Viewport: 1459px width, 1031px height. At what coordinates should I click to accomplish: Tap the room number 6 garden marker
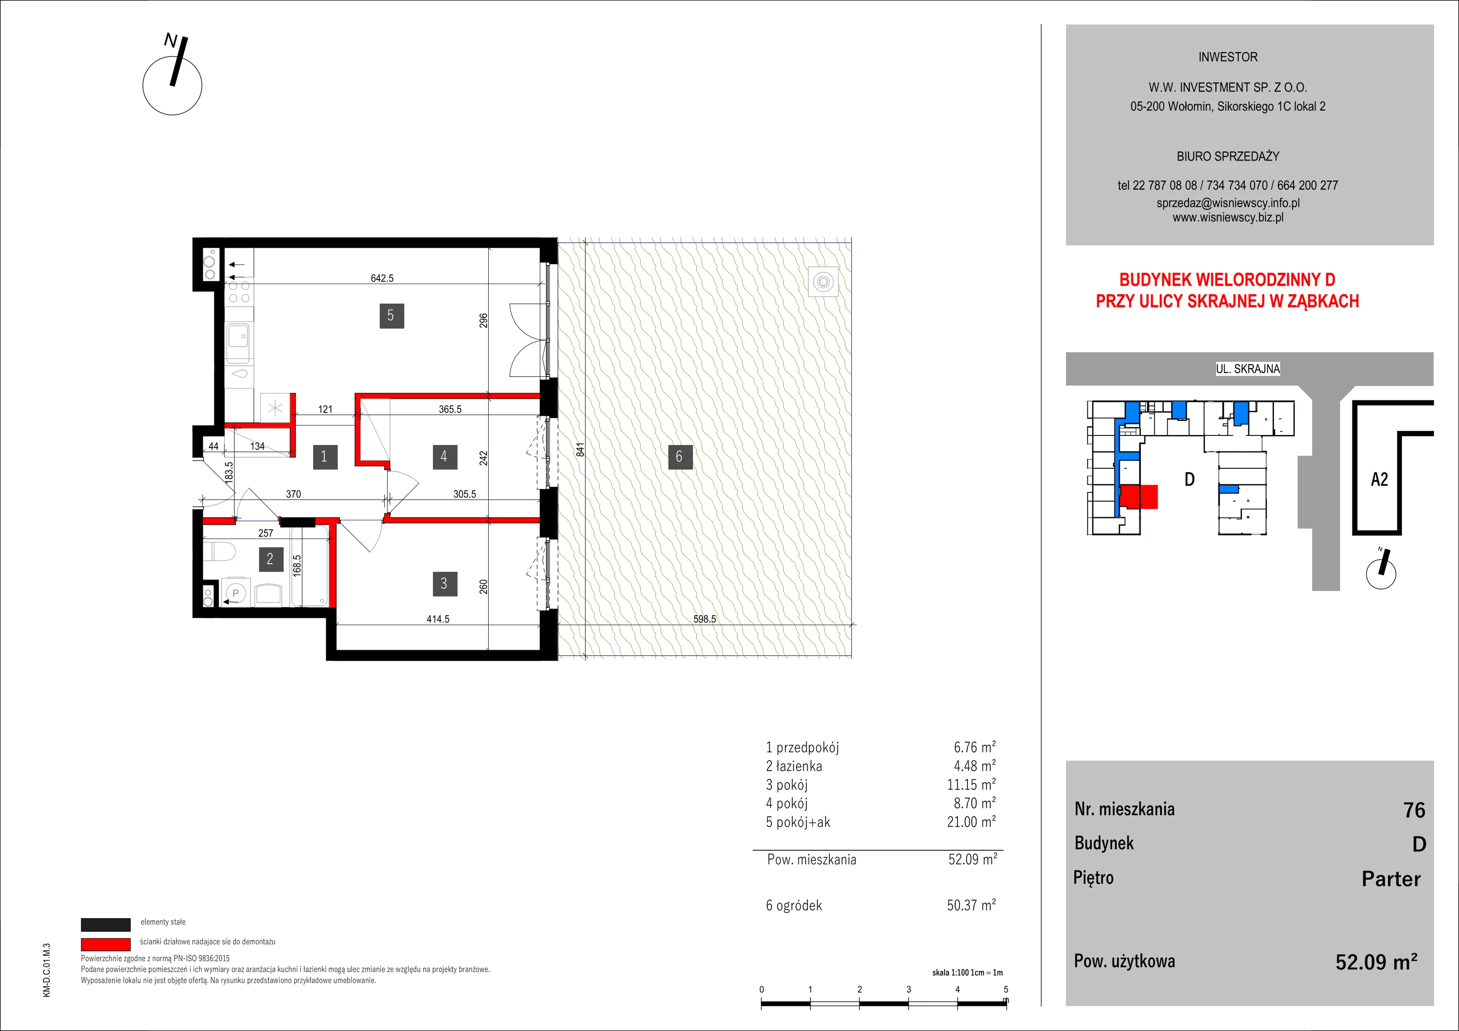point(679,456)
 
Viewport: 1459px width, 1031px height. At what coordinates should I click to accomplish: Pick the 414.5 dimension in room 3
point(438,618)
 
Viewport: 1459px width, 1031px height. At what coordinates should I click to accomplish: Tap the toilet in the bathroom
point(219,551)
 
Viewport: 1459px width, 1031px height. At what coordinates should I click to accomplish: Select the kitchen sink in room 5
point(239,336)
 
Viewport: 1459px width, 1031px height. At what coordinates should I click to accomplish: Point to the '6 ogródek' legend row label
point(794,905)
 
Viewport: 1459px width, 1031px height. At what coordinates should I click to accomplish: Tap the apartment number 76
point(1414,810)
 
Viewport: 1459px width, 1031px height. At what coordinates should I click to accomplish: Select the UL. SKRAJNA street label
point(1248,368)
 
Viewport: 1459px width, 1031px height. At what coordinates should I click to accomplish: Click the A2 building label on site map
point(1380,479)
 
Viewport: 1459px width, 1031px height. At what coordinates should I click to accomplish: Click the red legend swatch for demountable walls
point(105,944)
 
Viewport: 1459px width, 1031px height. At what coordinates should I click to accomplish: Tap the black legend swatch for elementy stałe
point(105,924)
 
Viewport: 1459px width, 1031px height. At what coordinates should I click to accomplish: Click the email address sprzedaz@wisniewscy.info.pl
point(1228,203)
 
